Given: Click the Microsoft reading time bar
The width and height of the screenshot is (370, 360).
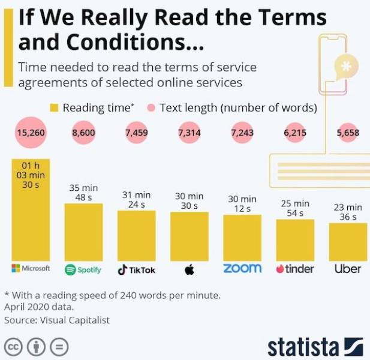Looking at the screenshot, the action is (x=31, y=210).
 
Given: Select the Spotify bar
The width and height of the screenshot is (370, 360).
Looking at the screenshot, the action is (x=83, y=232).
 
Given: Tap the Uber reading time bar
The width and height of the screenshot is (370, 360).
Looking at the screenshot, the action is (x=348, y=242).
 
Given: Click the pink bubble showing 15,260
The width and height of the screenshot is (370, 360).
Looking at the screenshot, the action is (x=31, y=133).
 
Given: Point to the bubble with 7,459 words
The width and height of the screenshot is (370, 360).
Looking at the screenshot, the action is (x=137, y=133).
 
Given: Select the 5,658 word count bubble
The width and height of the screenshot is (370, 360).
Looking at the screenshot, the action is (x=348, y=133).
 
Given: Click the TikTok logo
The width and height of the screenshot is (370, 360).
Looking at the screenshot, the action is (x=136, y=270).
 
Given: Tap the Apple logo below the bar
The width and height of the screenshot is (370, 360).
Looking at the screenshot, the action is (x=189, y=269).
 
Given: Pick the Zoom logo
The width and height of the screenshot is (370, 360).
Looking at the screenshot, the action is (x=242, y=268).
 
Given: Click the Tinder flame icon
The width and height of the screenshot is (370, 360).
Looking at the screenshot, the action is (x=280, y=269).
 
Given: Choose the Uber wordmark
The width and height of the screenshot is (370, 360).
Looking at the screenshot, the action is (x=348, y=269).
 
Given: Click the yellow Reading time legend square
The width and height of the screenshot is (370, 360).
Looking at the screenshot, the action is (x=54, y=107).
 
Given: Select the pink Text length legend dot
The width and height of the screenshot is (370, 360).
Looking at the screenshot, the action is (x=151, y=107).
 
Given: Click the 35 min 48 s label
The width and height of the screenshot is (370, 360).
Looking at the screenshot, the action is (x=83, y=193).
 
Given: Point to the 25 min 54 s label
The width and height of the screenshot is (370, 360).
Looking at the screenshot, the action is (x=295, y=208).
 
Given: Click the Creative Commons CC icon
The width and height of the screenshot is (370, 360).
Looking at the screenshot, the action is (x=13, y=347).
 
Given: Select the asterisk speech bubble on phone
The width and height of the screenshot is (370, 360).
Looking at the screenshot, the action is (x=347, y=67).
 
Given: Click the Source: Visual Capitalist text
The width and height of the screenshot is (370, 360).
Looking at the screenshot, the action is (x=57, y=320).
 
